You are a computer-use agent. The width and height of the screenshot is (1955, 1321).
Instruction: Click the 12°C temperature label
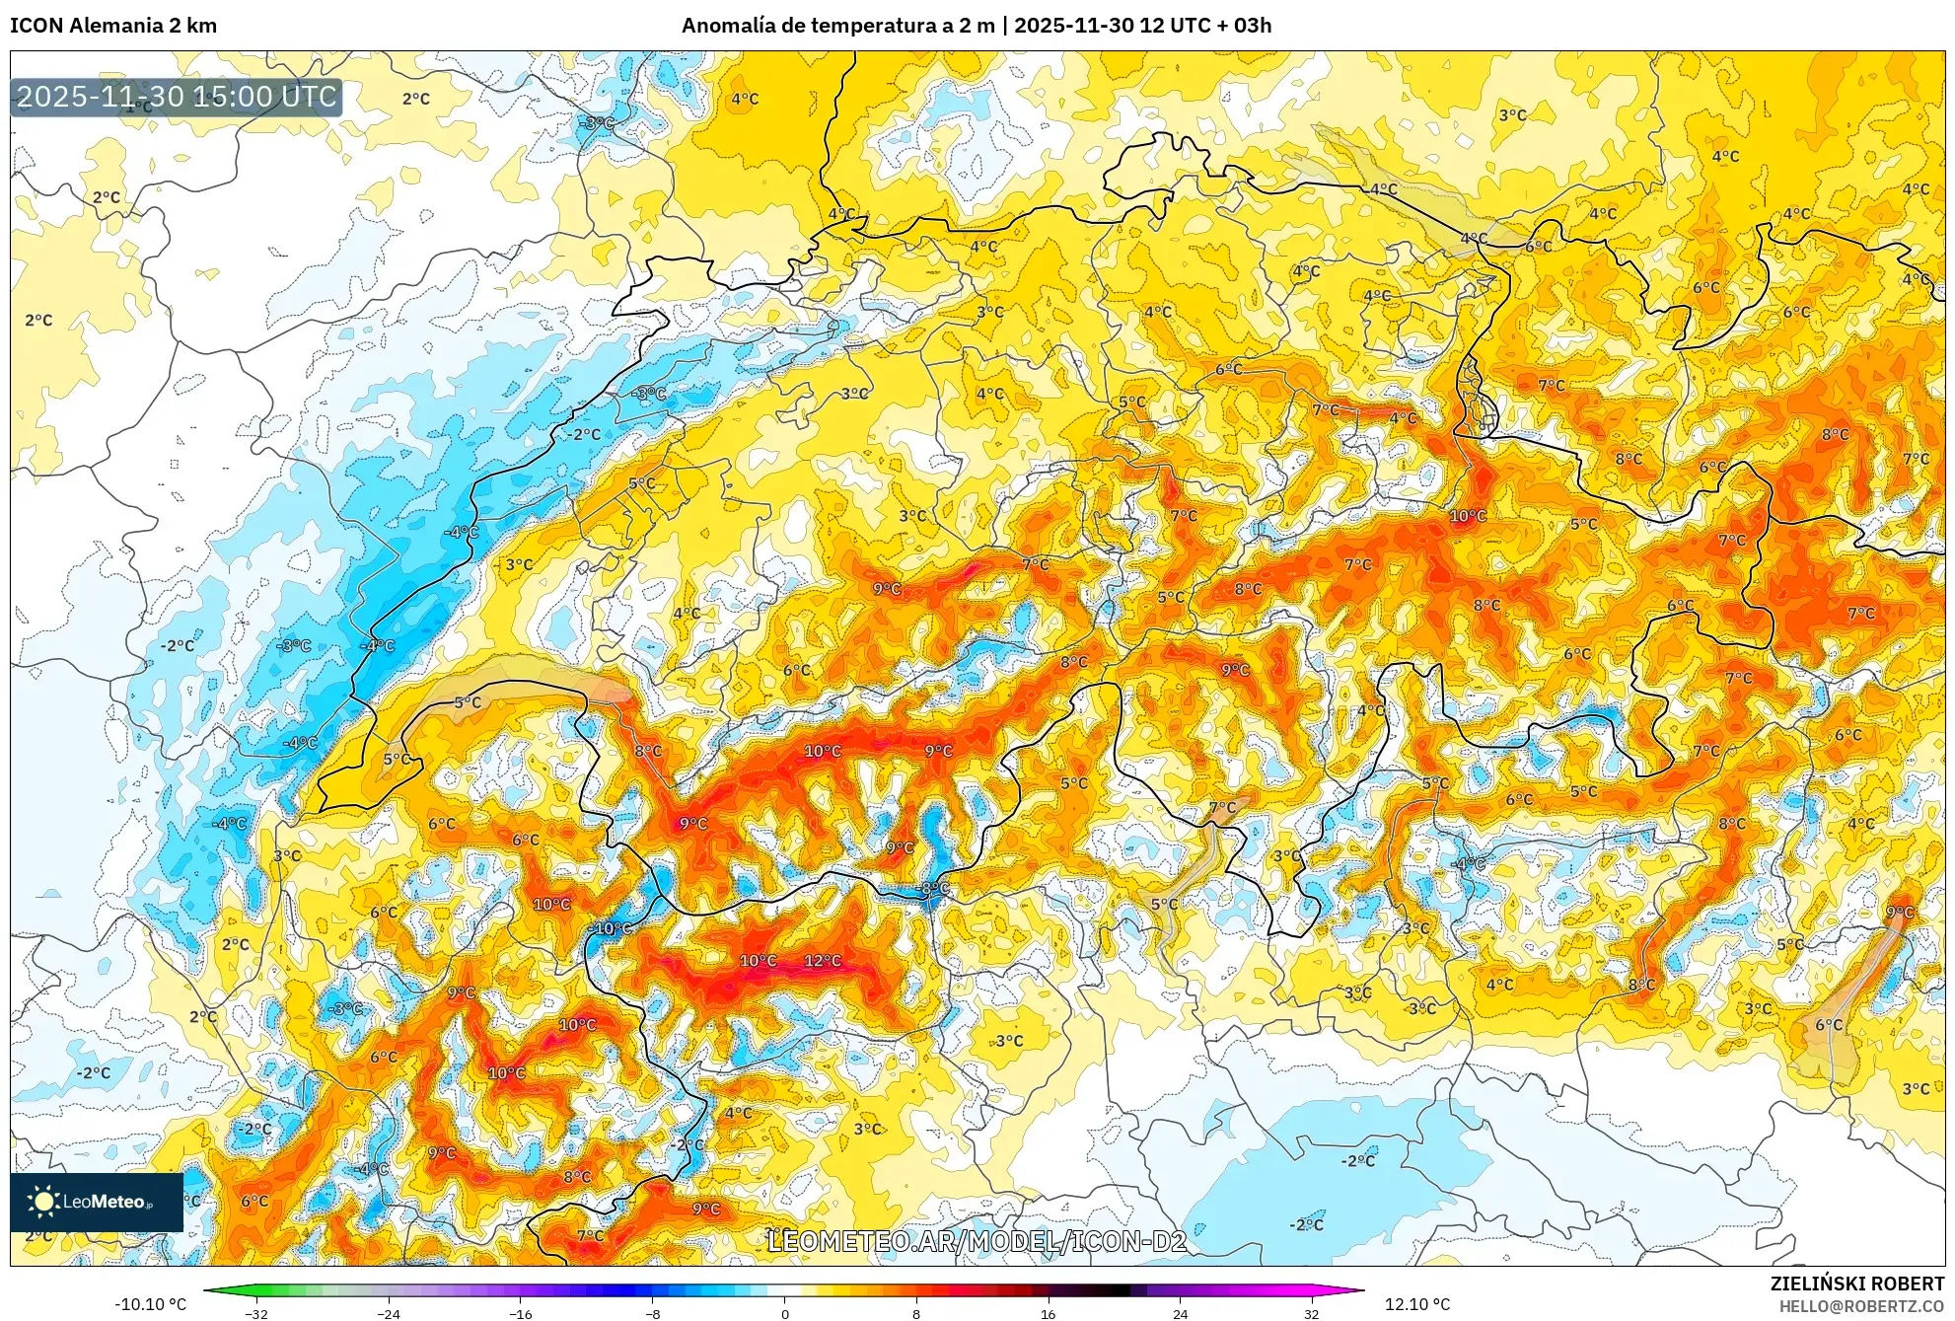point(823,960)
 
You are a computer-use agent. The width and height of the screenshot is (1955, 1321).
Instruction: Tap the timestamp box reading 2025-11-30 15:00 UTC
point(177,97)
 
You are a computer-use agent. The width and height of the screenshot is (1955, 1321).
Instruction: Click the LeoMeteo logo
point(97,1202)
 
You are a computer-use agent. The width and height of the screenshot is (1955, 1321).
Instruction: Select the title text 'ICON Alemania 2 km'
point(113,26)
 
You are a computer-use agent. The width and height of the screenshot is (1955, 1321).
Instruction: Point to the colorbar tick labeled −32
point(256,1313)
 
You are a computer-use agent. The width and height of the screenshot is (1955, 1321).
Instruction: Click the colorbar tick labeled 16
point(1048,1313)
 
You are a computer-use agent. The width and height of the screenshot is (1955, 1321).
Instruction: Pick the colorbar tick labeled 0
point(784,1313)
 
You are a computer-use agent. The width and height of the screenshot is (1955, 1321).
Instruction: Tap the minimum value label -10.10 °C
point(150,1304)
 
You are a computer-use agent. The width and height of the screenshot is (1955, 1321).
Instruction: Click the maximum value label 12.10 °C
point(1416,1304)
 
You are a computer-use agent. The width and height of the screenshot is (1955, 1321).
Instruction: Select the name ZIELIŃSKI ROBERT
point(1856,1284)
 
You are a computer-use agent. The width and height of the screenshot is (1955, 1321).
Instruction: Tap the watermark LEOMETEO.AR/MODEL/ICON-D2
point(977,1241)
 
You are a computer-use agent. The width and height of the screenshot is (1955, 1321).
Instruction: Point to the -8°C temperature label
point(933,888)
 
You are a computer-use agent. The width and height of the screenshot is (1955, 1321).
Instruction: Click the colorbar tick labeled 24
point(1180,1313)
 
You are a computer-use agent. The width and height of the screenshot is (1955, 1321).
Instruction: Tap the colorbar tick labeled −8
point(652,1313)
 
